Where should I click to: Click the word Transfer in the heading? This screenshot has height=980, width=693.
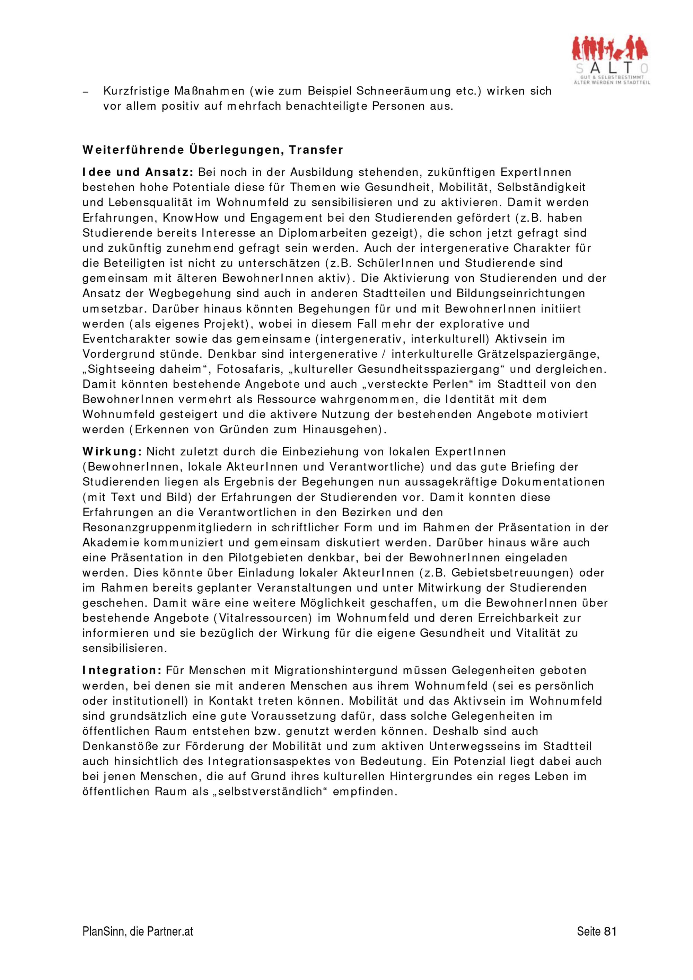pos(316,150)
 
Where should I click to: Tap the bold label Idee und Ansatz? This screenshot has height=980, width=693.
pos(138,172)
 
